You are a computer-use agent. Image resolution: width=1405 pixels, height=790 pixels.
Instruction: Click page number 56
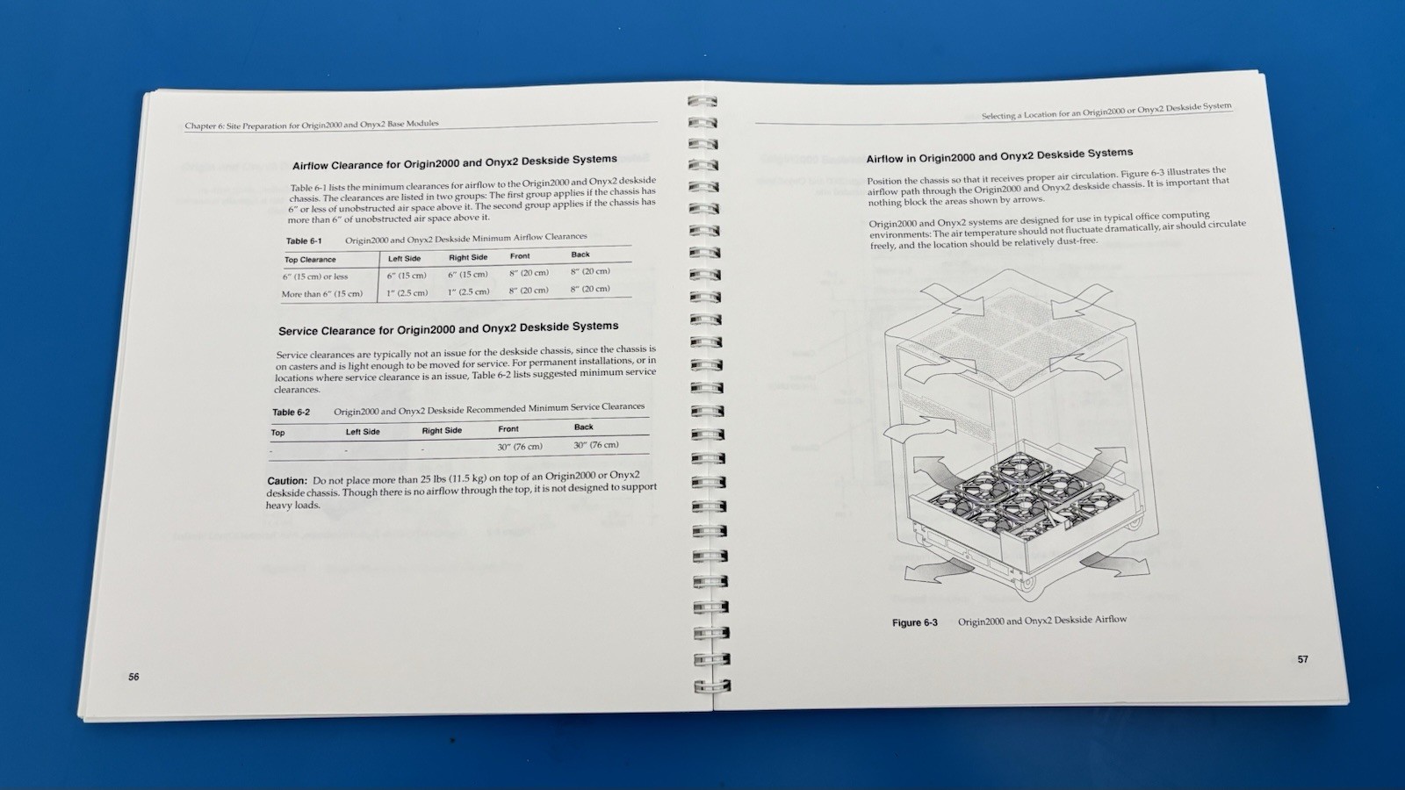(x=133, y=677)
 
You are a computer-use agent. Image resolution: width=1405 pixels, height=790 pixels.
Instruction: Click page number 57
(x=1303, y=659)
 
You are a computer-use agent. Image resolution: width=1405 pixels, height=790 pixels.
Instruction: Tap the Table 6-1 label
(x=304, y=241)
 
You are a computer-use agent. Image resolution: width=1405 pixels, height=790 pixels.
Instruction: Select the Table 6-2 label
(x=291, y=413)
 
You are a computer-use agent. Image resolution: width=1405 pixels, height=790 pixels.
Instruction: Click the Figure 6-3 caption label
(x=914, y=622)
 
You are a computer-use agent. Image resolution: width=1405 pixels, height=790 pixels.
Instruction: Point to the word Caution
(x=286, y=481)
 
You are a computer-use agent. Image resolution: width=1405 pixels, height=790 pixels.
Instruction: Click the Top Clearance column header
(x=310, y=260)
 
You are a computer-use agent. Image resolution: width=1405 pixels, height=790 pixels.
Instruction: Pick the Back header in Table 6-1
(x=580, y=255)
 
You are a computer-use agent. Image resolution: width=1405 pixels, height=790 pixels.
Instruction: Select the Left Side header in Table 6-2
(x=363, y=431)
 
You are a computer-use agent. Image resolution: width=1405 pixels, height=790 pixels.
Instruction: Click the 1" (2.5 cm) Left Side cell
(x=407, y=293)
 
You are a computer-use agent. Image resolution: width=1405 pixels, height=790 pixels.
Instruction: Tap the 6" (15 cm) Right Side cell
(x=467, y=275)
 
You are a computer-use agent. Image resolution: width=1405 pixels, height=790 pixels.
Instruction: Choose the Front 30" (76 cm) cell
(x=519, y=447)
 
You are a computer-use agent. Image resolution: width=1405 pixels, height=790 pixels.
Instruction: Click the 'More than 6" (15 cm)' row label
(x=321, y=294)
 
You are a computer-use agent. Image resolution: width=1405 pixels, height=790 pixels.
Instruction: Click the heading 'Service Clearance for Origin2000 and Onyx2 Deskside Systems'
(x=449, y=328)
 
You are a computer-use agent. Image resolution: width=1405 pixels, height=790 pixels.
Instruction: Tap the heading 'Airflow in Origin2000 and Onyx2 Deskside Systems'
(x=999, y=155)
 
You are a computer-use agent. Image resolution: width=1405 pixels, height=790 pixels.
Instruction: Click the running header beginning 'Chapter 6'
(x=312, y=125)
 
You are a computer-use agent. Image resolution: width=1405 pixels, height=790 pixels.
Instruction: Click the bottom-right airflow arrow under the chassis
(x=1114, y=564)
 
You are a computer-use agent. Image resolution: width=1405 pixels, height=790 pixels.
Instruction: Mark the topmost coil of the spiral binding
(x=702, y=102)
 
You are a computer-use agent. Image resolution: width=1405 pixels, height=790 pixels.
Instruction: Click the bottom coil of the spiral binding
(x=713, y=686)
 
